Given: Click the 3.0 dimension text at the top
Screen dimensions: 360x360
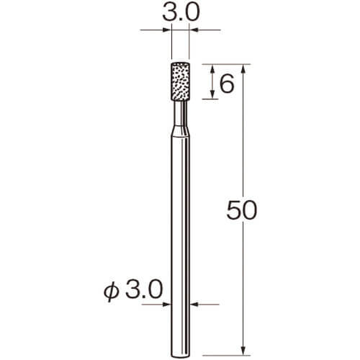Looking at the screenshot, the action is click(181, 12).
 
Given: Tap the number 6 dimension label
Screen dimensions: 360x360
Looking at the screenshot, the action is click(227, 84).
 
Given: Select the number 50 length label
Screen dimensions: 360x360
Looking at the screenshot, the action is click(242, 210).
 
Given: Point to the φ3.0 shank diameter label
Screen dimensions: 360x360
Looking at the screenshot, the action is click(133, 291).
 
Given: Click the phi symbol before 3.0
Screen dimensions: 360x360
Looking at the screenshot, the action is click(112, 292).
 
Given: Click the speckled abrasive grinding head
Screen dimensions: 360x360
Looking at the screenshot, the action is click(181, 81).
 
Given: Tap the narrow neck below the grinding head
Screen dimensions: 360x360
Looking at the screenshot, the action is click(181, 113).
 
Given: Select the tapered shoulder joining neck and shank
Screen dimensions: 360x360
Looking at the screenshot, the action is click(181, 131).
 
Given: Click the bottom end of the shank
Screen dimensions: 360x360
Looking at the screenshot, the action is click(181, 355).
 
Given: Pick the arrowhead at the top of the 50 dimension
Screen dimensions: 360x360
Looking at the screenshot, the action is click(243, 68).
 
